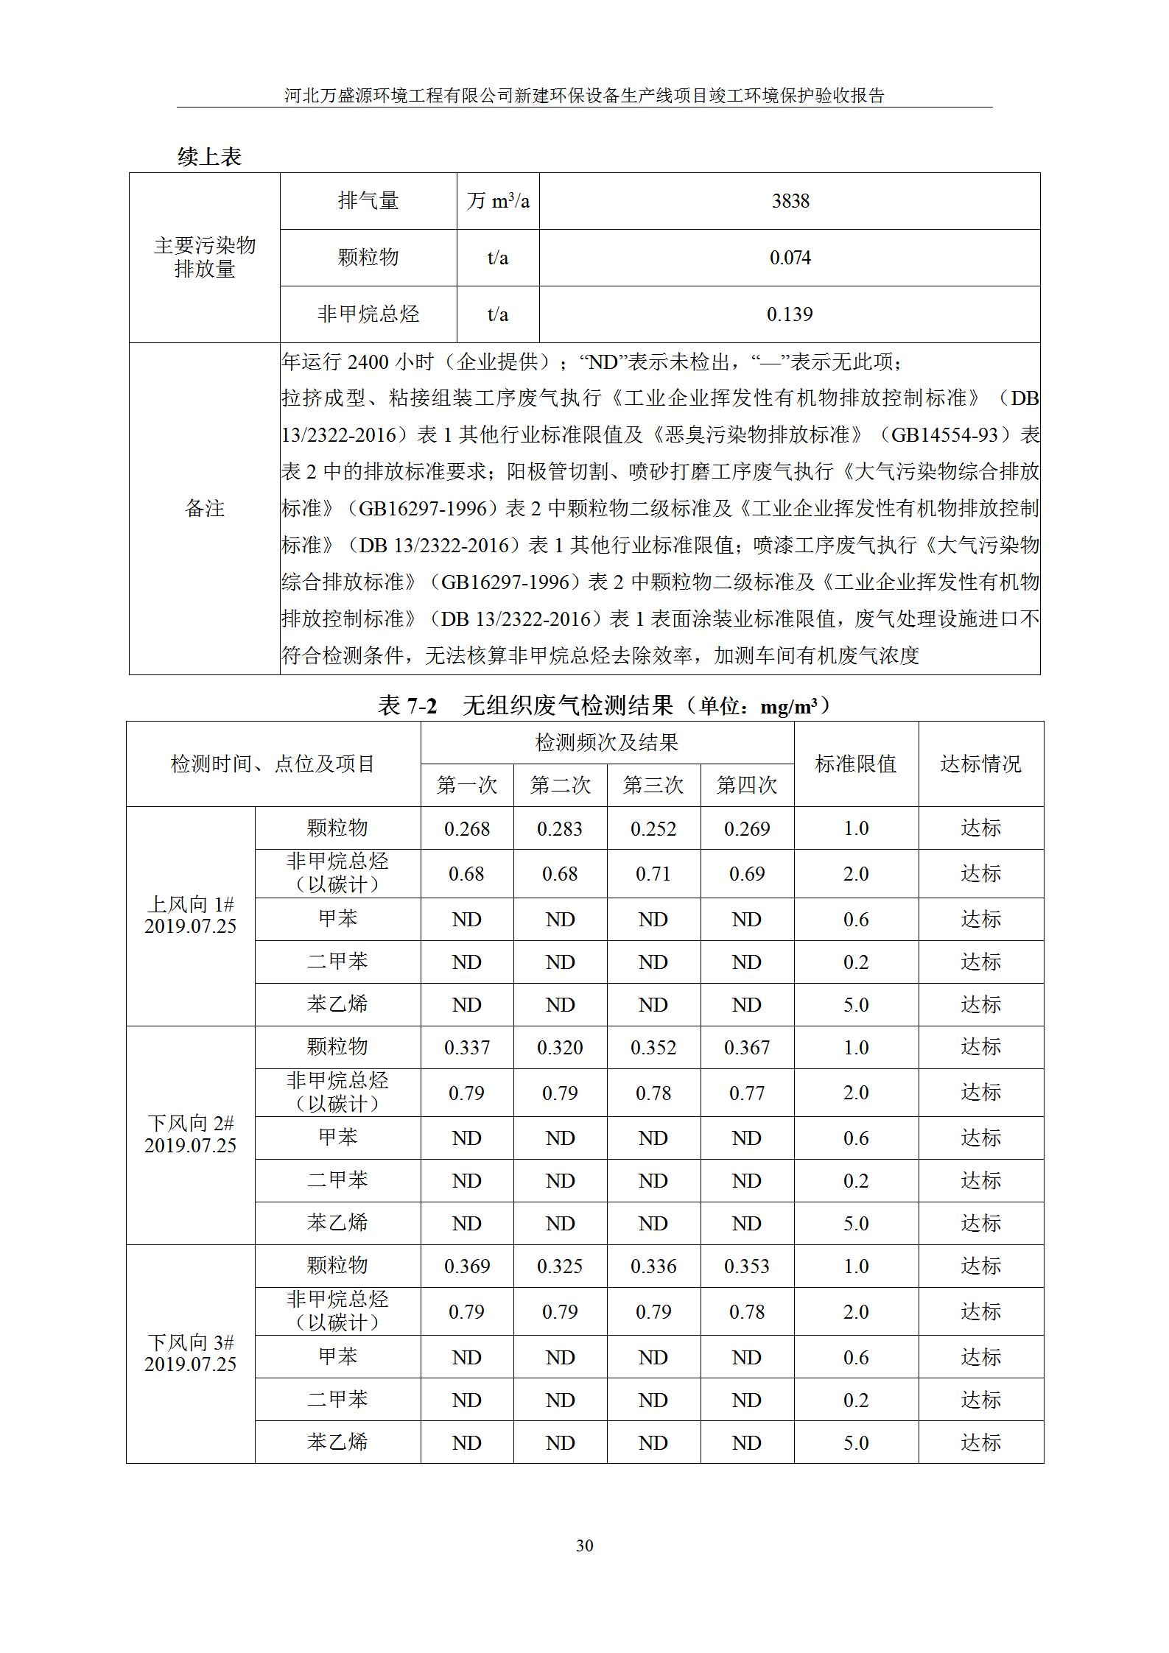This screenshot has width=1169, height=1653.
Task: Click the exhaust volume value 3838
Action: pos(790,201)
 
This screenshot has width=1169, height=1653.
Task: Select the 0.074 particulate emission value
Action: pos(790,258)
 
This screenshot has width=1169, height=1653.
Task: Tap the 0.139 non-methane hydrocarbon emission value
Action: pos(790,314)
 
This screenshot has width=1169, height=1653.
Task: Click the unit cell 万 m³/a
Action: pos(498,201)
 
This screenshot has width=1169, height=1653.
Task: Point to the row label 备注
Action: pos(204,508)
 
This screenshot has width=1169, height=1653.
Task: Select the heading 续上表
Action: pos(210,156)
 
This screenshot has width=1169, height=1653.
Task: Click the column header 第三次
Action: pos(653,785)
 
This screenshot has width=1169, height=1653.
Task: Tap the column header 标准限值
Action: pos(856,764)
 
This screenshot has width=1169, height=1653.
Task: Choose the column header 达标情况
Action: pos(980,764)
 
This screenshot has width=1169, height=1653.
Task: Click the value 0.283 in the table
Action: pos(560,828)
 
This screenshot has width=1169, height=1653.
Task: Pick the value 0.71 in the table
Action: pos(653,874)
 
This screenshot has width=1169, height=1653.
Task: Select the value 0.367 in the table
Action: pos(747,1047)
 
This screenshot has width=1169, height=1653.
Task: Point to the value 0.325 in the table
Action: pos(560,1266)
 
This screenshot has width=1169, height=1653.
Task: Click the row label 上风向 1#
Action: pos(191,905)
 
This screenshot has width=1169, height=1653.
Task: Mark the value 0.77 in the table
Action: pos(747,1093)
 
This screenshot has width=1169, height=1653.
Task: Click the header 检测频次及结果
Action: pos(607,742)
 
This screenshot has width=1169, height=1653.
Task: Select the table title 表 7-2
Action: pos(407,706)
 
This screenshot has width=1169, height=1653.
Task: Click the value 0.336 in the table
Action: pos(653,1266)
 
